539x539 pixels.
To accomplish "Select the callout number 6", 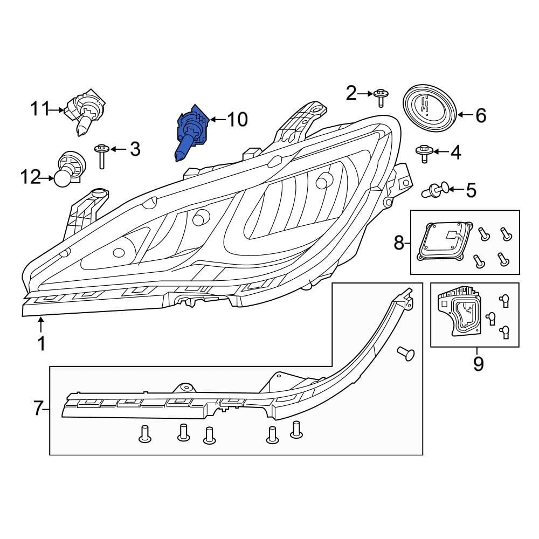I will click(x=480, y=115).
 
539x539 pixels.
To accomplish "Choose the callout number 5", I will click(x=471, y=190).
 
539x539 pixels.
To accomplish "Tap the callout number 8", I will click(x=399, y=243).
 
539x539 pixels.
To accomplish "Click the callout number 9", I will click(x=478, y=364).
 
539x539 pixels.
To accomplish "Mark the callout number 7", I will click(x=38, y=409).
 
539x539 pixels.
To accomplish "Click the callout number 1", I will click(x=41, y=343).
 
